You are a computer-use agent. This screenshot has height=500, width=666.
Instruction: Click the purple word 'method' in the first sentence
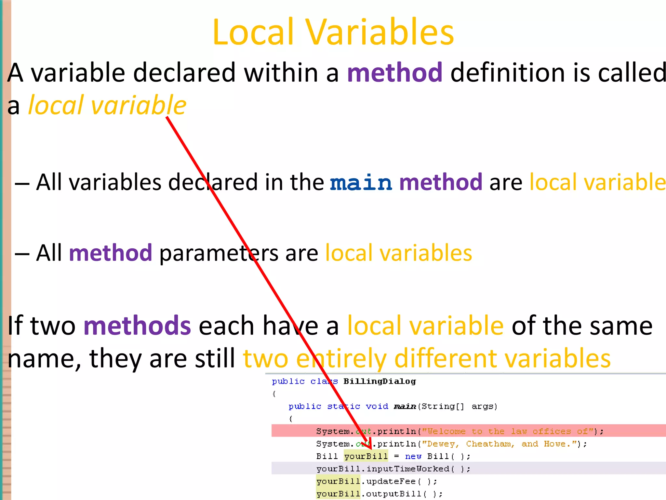pyautogui.click(x=395, y=73)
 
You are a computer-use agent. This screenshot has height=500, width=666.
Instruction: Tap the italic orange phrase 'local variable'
pyautogui.click(x=107, y=105)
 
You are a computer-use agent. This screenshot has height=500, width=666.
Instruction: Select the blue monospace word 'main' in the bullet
pyautogui.click(x=361, y=183)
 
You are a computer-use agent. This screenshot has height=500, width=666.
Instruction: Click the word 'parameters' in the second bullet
pyautogui.click(x=219, y=253)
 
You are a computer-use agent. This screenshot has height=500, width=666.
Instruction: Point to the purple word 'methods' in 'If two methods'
pyautogui.click(x=137, y=326)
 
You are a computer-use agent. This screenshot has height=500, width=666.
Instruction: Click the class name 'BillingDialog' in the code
pyautogui.click(x=380, y=382)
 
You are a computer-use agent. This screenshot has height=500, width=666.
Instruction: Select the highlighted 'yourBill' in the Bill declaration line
pyautogui.click(x=366, y=456)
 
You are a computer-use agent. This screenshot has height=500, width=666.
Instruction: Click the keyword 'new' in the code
pyautogui.click(x=413, y=456)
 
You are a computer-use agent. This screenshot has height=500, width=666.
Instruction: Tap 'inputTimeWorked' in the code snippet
pyautogui.click(x=408, y=469)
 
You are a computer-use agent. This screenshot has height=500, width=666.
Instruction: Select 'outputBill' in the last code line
pyautogui.click(x=394, y=494)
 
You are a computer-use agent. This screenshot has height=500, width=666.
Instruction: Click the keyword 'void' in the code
pyautogui.click(x=377, y=407)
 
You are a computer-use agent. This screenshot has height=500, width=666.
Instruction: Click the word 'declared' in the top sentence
pyautogui.click(x=184, y=73)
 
